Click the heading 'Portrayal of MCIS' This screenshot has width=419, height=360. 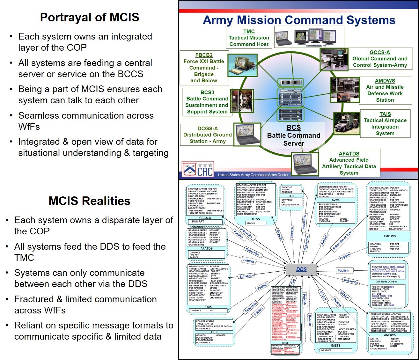click(x=90, y=17)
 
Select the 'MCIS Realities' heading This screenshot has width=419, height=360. click(x=89, y=201)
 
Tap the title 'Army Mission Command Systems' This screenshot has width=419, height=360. click(x=299, y=20)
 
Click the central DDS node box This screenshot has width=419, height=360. click(x=301, y=269)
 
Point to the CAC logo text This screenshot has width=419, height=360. click(x=205, y=172)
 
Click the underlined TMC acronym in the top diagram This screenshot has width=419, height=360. click(x=249, y=31)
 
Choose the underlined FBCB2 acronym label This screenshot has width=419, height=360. click(x=204, y=55)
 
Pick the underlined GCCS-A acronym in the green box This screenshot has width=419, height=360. click(x=379, y=52)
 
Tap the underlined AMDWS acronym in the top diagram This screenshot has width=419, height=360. click(x=385, y=81)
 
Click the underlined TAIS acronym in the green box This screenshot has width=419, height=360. click(x=385, y=114)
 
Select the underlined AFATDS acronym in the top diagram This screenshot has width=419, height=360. click(x=349, y=154)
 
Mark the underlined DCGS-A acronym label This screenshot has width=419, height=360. click(x=208, y=129)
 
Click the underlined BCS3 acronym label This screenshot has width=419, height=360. click(x=207, y=92)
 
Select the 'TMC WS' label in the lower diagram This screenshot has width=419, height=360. click(x=389, y=236)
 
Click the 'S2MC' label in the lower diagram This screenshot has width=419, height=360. click(x=336, y=200)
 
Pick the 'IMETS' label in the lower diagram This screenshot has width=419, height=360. click(x=335, y=345)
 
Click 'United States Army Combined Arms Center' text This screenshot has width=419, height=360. click(x=253, y=175)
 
